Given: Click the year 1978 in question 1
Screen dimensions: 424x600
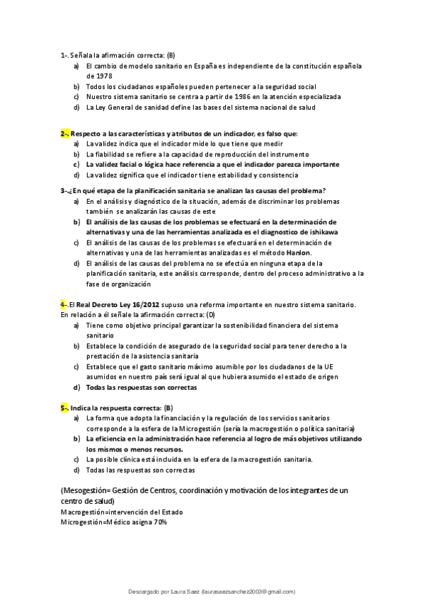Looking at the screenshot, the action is (x=94, y=75).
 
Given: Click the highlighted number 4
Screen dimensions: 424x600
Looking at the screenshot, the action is (x=63, y=304).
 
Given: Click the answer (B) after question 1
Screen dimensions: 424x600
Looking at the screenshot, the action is (x=171, y=54).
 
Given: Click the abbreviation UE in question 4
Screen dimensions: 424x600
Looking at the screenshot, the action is (x=328, y=367).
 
